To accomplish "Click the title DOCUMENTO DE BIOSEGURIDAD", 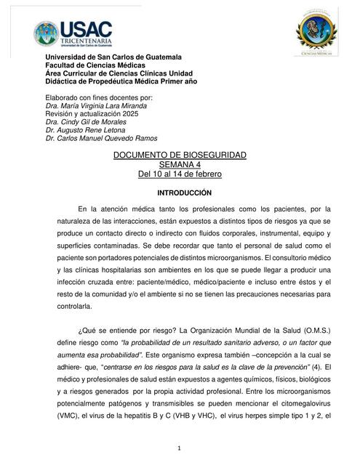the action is tap(180, 155).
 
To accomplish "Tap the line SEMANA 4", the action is tap(180, 165).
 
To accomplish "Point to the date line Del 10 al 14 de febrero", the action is tap(180, 174).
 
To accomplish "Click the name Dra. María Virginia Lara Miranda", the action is tap(96, 105).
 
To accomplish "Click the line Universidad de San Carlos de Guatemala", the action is tap(113, 57).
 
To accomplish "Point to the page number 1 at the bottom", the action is tap(180, 448).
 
